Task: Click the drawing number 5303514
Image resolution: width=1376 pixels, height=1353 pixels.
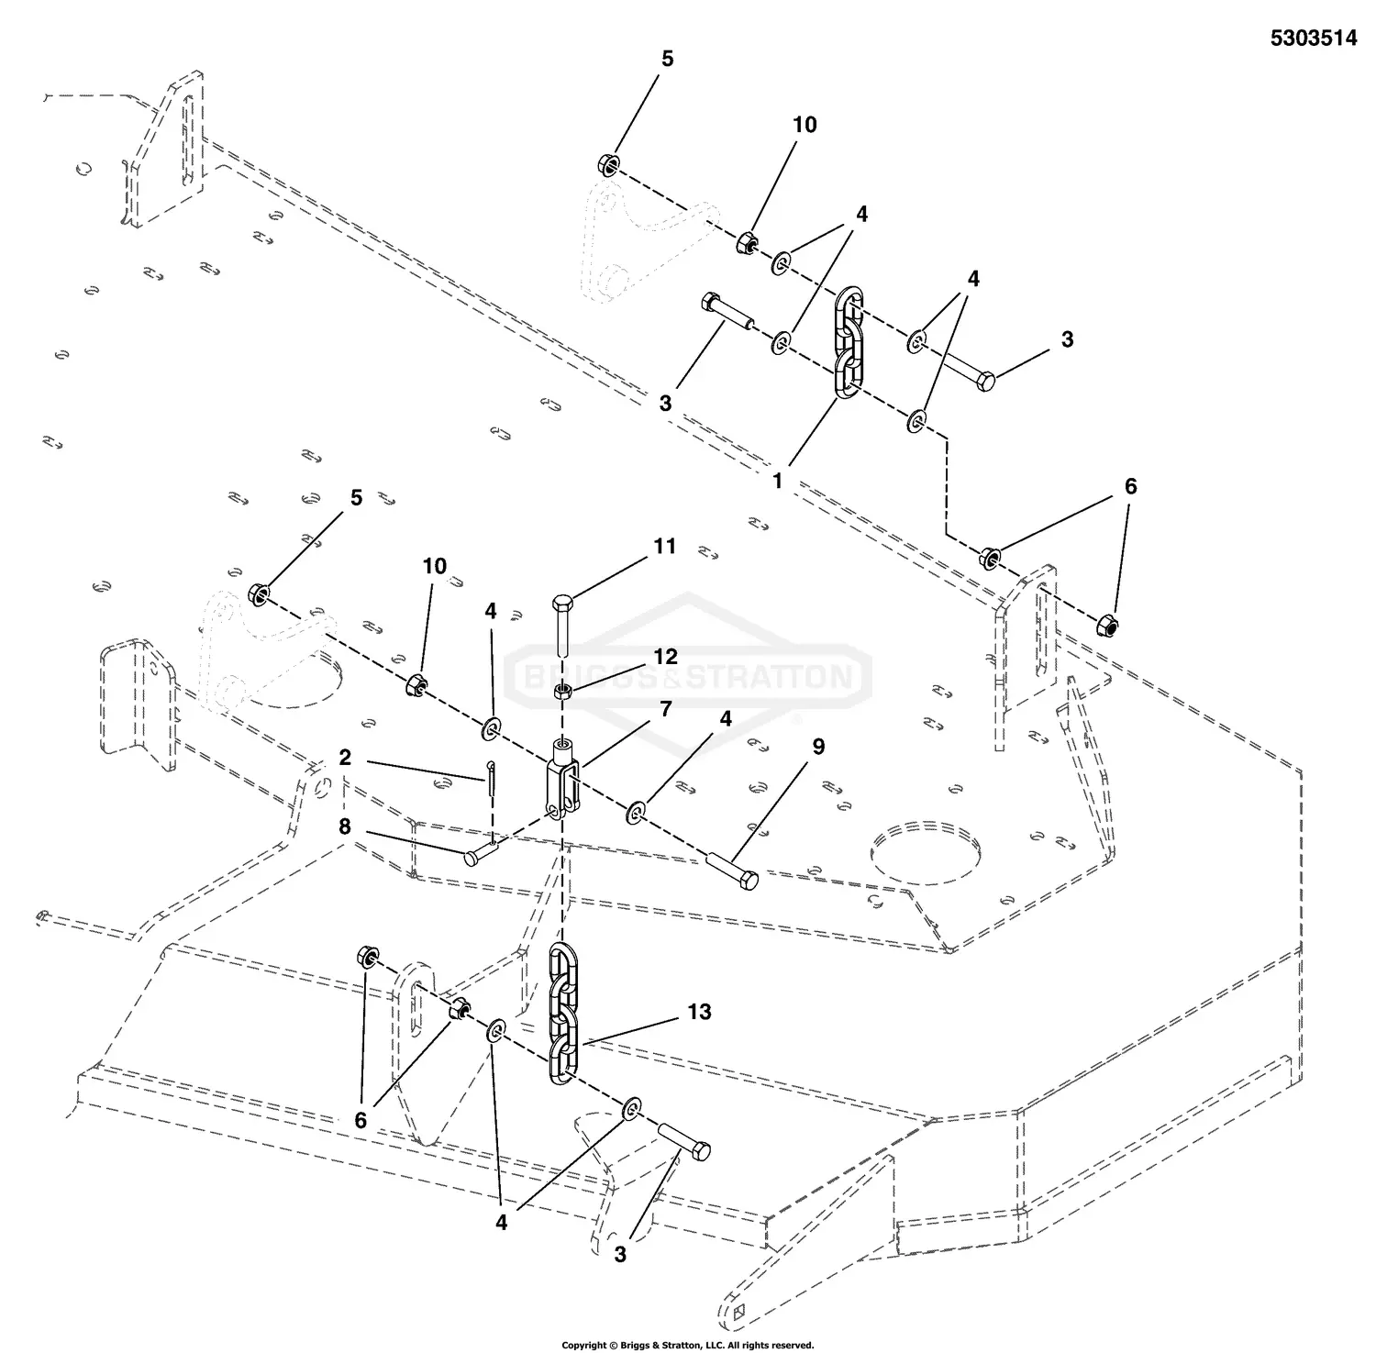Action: coord(1313,39)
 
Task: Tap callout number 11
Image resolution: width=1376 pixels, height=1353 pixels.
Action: coord(664,547)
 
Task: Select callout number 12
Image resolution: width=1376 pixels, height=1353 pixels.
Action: coord(665,657)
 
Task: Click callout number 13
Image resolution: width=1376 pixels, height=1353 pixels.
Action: coord(699,1012)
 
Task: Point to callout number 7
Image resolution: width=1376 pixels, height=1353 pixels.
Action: coord(665,708)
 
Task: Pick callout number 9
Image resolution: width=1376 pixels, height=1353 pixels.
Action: coord(817,747)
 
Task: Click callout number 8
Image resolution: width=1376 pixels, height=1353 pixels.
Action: coord(345,826)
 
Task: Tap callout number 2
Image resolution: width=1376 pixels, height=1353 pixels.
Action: coord(345,758)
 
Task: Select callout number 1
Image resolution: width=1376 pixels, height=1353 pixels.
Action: coord(777,480)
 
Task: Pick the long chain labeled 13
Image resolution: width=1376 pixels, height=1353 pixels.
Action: coord(562,1017)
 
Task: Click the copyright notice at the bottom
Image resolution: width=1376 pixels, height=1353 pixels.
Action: coord(687,1345)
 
